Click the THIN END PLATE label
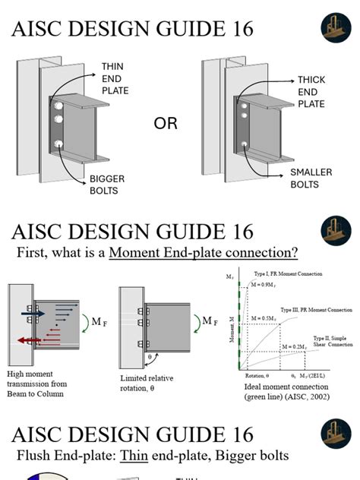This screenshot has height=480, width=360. point(115,78)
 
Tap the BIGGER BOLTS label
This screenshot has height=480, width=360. point(106,185)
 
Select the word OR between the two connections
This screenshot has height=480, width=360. point(166,124)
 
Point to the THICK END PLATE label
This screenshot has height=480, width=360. point(311,91)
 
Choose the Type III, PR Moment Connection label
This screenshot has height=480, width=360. point(316,310)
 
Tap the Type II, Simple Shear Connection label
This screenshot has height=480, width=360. point(332,342)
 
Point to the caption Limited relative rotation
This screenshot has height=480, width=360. point(152,383)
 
